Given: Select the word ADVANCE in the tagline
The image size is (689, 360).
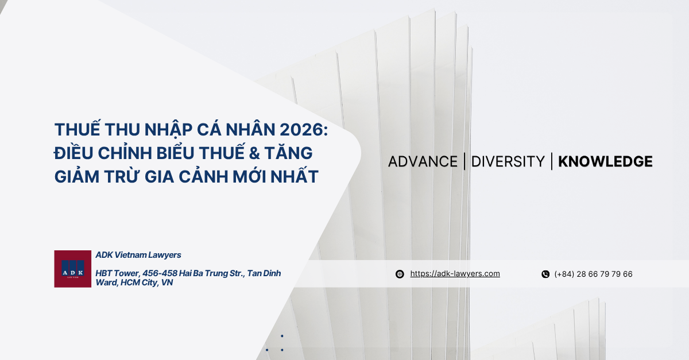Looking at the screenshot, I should pyautogui.click(x=423, y=162).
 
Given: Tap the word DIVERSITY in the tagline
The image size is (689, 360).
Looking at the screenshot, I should pyautogui.click(x=508, y=162).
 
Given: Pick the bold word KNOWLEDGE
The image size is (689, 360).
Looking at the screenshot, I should pyautogui.click(x=605, y=162).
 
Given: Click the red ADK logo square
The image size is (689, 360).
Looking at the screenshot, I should pyautogui.click(x=73, y=269).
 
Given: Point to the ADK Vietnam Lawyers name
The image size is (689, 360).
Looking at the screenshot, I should pyautogui.click(x=138, y=255).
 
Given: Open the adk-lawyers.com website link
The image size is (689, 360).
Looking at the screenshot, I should pyautogui.click(x=455, y=274).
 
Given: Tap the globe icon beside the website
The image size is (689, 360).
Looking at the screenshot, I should pyautogui.click(x=400, y=274).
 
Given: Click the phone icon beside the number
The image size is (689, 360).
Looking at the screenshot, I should pyautogui.click(x=545, y=274).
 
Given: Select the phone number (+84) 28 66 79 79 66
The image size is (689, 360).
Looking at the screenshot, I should pyautogui.click(x=593, y=274).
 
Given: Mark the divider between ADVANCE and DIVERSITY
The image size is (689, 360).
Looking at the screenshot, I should pyautogui.click(x=465, y=161).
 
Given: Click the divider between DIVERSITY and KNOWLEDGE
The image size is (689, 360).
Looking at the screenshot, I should pyautogui.click(x=551, y=161).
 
